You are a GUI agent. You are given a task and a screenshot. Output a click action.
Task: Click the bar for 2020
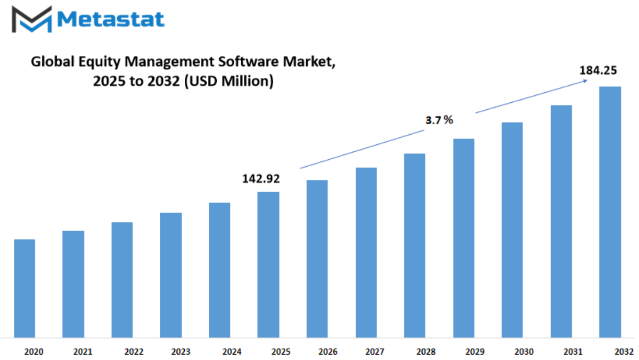tap(24, 289)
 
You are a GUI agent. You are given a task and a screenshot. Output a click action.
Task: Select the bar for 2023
tap(170, 275)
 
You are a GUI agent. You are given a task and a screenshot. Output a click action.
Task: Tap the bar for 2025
tap(268, 265)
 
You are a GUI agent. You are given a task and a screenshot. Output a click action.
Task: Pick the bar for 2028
tap(414, 246)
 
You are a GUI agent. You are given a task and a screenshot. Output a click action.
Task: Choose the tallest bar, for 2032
tap(610, 212)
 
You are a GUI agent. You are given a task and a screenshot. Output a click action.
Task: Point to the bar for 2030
tap(512, 230)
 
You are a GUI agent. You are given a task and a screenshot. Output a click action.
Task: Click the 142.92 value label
tap(261, 179)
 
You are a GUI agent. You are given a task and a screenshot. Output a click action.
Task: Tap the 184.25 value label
tap(598, 70)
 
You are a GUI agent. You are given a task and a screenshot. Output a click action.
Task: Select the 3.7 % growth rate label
tap(439, 120)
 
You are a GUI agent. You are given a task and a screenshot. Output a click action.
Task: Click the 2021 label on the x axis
tap(83, 351)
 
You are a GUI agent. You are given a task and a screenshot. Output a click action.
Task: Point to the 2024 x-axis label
tap(232, 351)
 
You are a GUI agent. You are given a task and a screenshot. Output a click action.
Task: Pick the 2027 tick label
tap(375, 351)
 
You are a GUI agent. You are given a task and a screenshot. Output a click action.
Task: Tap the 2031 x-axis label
tap(573, 351)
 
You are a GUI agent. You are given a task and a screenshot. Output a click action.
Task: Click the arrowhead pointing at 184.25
tap(586, 81)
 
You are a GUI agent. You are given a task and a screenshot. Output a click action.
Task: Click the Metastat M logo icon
tap(31, 19)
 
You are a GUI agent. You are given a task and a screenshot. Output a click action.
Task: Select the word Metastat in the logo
tap(111, 19)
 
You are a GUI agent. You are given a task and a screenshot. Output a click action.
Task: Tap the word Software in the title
tap(248, 61)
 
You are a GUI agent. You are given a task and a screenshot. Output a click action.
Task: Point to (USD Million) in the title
tap(229, 81)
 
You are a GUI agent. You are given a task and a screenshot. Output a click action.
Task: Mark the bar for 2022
tap(122, 280)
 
